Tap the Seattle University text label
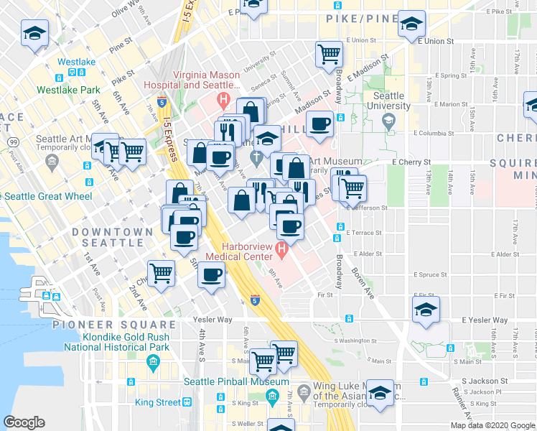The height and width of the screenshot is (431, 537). [x=388, y=101]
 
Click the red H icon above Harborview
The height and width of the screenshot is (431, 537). [x=281, y=251]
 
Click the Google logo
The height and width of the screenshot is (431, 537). [x=24, y=422]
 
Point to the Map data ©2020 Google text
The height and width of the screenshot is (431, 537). [x=492, y=425]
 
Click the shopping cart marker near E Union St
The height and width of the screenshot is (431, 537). [x=329, y=54]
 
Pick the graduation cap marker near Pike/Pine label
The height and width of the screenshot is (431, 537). [x=411, y=25]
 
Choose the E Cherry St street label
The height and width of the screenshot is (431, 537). [x=408, y=163]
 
